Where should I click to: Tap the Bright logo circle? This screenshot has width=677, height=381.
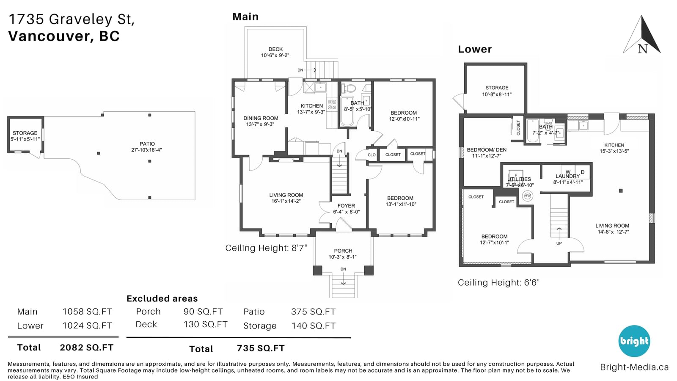(634, 341)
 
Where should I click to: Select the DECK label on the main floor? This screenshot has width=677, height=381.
(275, 49)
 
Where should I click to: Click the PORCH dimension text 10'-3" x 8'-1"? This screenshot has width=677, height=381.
(343, 257)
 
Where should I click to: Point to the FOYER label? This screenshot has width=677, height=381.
(347, 206)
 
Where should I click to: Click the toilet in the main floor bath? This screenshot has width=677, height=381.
(349, 88)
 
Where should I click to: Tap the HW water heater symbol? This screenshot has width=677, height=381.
(527, 196)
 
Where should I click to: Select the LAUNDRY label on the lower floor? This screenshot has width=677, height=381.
(567, 176)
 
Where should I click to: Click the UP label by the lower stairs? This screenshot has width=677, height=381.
(559, 243)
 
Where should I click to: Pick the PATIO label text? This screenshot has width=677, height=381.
(147, 144)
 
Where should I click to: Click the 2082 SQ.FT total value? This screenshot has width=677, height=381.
(86, 348)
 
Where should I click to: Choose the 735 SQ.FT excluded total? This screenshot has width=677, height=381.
(261, 348)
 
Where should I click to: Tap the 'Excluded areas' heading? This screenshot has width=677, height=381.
(162, 298)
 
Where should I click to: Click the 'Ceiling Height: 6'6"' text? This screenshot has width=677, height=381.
(499, 282)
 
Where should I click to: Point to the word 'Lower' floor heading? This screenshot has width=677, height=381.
(475, 49)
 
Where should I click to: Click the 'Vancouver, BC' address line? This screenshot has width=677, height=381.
(64, 36)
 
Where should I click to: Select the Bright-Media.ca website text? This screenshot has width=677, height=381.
(634, 367)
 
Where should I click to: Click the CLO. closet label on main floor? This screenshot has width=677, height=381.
(372, 155)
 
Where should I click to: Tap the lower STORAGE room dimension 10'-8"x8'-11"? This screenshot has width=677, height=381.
(497, 94)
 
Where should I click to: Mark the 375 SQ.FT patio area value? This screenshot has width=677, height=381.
(313, 312)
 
